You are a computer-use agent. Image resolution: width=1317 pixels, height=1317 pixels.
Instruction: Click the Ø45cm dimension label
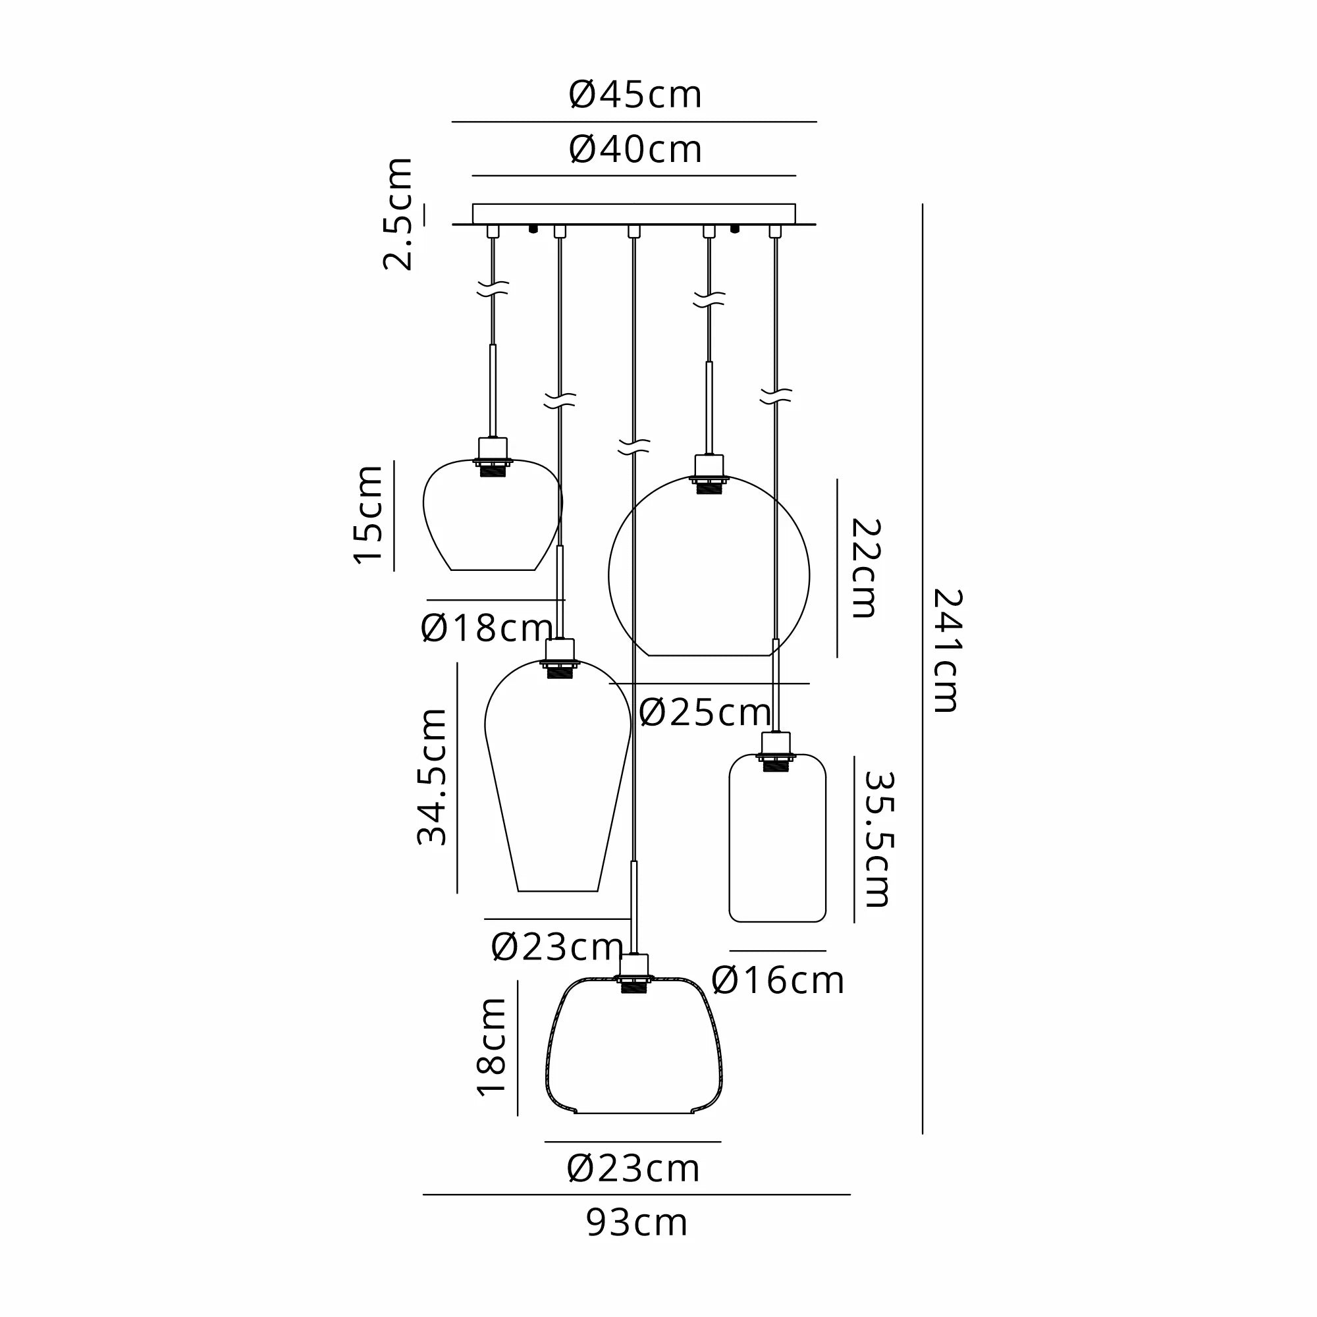pyautogui.click(x=635, y=95)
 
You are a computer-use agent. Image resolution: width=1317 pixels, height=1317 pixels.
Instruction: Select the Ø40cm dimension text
pyautogui.click(x=635, y=149)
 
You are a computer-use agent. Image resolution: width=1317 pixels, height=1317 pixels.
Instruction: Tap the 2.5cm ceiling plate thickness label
pyautogui.click(x=398, y=213)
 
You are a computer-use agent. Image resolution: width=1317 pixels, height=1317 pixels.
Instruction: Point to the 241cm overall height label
pyautogui.click(x=948, y=651)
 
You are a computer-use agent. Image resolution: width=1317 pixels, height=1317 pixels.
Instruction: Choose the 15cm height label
pyautogui.click(x=368, y=515)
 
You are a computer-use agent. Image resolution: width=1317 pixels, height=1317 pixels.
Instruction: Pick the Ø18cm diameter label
pyautogui.click(x=487, y=628)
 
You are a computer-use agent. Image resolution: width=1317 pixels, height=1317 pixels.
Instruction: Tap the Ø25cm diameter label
pyautogui.click(x=705, y=713)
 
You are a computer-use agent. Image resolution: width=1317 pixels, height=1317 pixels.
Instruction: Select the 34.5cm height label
pyautogui.click(x=432, y=777)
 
